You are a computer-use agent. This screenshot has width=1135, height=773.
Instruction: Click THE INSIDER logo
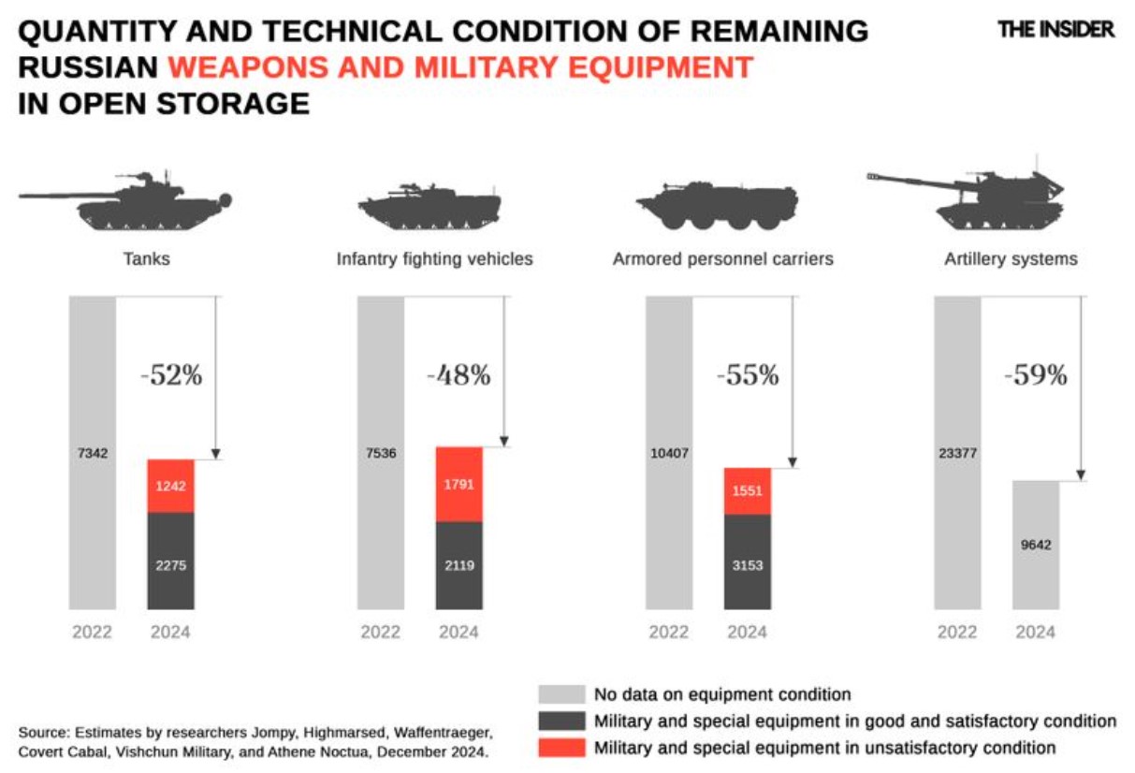(1056, 29)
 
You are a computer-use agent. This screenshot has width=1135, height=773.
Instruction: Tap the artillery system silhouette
(973, 198)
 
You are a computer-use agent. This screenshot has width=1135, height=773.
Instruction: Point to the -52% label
(171, 375)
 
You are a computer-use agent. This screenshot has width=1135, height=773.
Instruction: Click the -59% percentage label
(1035, 375)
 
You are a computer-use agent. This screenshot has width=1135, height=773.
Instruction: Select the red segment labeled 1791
(458, 484)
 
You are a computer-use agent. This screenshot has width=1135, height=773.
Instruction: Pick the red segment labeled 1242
(170, 486)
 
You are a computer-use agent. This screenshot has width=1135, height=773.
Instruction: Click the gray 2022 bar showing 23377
(957, 453)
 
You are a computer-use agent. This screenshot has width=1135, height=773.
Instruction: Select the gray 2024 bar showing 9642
(1035, 545)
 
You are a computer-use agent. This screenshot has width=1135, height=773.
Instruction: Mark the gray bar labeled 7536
(380, 453)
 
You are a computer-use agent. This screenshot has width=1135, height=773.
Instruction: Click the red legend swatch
(560, 748)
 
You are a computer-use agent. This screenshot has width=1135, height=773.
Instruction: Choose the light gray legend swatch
(560, 694)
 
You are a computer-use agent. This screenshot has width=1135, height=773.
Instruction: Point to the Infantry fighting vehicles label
(434, 259)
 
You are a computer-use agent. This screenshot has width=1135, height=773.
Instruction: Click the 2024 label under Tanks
(170, 632)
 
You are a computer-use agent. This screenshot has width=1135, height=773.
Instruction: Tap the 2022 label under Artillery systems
(957, 632)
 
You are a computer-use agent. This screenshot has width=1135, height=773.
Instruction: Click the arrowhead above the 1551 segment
(793, 462)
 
